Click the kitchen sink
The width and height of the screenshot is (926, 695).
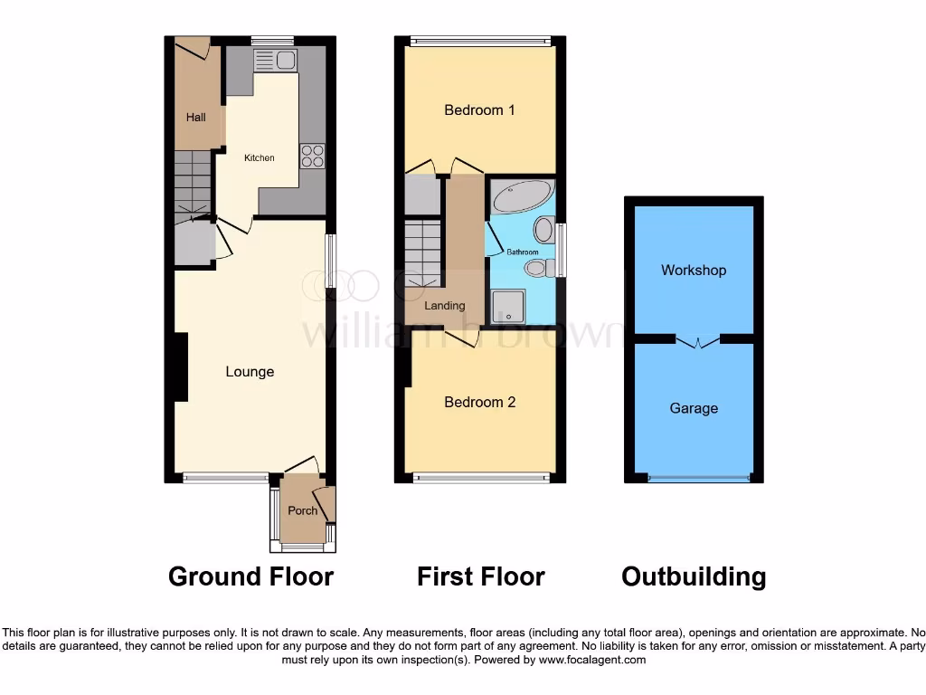tap(276, 61)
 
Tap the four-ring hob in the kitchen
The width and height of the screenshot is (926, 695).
tap(312, 156)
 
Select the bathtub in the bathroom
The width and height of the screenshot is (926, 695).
tap(520, 196)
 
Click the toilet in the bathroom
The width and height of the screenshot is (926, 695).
tap(537, 267)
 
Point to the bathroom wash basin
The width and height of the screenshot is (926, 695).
tap(543, 228)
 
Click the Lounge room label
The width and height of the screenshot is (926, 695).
tap(250, 372)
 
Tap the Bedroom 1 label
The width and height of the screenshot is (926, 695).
tap(479, 110)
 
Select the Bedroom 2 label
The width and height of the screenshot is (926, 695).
tap(479, 402)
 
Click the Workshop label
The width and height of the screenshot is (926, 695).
tap(694, 271)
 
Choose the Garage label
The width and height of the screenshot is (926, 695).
tap(694, 408)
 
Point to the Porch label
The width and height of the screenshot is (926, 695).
tap(302, 510)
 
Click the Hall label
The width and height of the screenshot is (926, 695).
tap(196, 118)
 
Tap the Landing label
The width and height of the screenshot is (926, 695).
tap(445, 306)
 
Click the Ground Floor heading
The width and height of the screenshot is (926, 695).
tap(250, 576)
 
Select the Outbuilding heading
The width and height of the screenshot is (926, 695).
tap(694, 576)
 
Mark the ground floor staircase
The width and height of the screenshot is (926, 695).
tap(192, 185)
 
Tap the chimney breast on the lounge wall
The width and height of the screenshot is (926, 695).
tap(181, 367)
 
